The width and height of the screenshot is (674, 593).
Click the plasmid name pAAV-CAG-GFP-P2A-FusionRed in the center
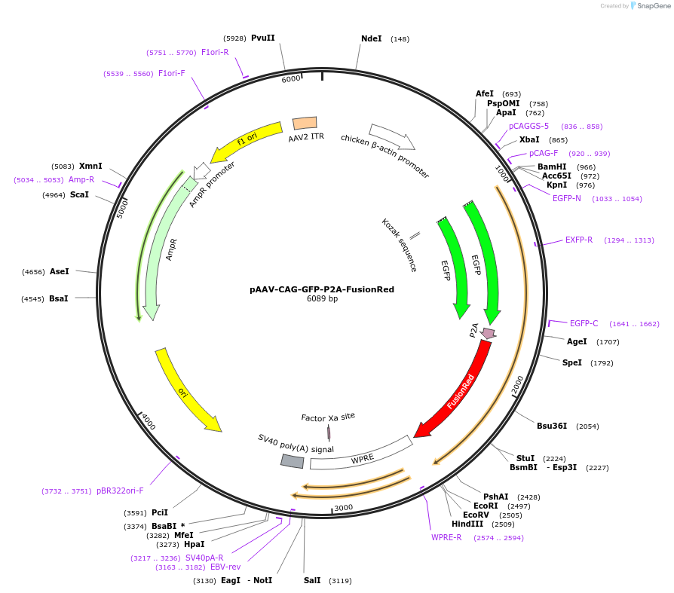(322, 289)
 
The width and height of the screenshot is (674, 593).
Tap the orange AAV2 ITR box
(305, 123)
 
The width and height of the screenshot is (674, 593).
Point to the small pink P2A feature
(489, 332)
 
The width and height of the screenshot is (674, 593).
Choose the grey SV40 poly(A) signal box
(293, 461)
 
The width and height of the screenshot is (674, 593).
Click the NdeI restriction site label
(372, 38)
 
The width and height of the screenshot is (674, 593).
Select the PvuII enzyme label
(263, 38)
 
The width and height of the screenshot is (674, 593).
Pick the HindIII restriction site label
(467, 524)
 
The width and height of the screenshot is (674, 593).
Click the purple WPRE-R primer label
(446, 537)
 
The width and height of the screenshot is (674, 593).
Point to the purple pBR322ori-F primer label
(120, 491)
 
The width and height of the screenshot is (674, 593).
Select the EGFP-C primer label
(584, 323)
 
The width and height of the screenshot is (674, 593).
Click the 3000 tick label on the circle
(343, 508)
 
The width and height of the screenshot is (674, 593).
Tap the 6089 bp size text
(322, 299)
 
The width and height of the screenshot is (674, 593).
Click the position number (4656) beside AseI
(33, 271)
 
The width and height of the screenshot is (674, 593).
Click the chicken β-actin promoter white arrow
(392, 136)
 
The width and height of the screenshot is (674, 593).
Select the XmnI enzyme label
(90, 166)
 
